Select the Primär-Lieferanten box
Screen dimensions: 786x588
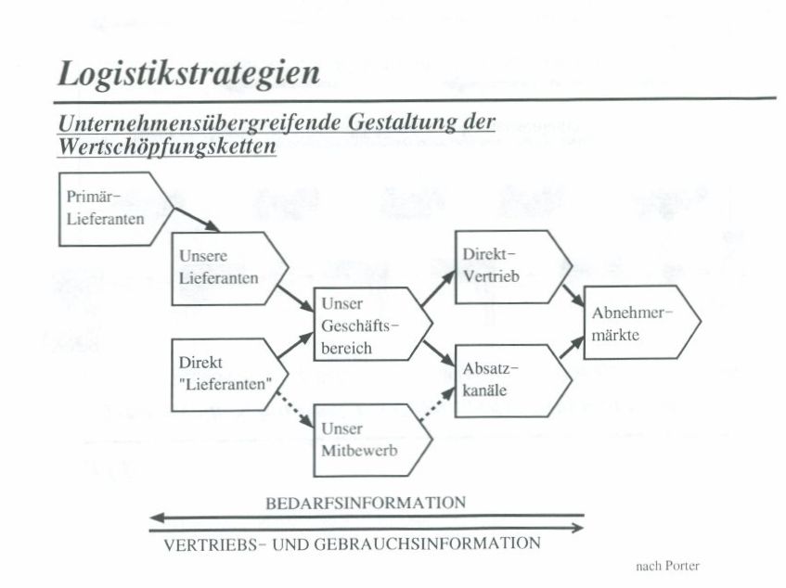point(116,210)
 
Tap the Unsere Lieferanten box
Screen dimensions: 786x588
point(229,268)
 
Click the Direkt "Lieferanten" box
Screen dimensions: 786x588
point(229,375)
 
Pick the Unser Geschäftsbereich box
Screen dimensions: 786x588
point(372,324)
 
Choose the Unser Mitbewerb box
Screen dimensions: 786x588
point(372,441)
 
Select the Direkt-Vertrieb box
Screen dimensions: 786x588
point(513,267)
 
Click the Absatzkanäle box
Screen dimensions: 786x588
point(513,381)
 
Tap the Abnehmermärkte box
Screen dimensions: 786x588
point(641,323)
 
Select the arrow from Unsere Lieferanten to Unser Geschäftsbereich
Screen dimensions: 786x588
point(295,299)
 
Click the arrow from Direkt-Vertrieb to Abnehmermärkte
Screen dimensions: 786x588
point(573,296)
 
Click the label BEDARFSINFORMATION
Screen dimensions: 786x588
point(366,503)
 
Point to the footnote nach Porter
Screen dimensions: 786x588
point(667,567)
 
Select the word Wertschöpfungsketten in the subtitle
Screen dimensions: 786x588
point(167,147)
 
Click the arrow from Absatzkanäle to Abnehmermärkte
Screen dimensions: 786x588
point(572,347)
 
